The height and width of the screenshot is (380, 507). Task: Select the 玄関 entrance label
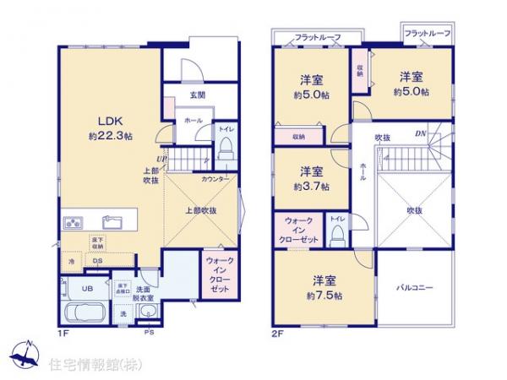198,95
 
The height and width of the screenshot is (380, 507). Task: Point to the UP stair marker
160,158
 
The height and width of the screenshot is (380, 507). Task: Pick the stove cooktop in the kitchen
73,223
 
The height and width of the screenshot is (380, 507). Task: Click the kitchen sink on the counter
112,223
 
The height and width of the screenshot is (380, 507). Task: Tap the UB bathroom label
75,287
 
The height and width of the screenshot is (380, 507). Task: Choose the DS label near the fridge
97,262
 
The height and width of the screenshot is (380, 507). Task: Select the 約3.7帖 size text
312,186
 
